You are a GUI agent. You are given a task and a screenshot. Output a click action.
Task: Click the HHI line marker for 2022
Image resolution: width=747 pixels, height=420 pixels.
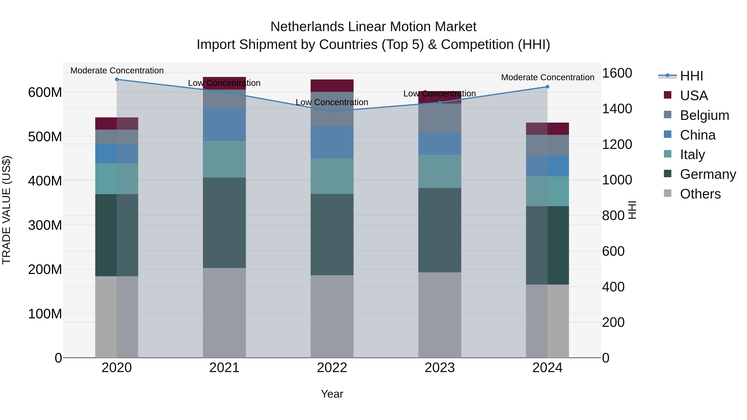click(x=332, y=111)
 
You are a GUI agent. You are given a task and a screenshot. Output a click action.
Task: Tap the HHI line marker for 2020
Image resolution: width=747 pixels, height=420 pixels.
click(x=117, y=79)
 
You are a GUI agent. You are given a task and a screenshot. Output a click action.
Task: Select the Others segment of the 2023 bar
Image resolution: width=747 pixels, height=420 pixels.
click(x=440, y=315)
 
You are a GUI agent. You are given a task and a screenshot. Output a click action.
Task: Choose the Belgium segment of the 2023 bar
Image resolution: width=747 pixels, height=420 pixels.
click(x=440, y=118)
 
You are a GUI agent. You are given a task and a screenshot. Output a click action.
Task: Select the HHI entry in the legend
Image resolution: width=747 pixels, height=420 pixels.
click(x=691, y=76)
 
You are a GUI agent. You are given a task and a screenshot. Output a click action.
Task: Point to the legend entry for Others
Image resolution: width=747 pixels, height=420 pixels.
click(x=700, y=194)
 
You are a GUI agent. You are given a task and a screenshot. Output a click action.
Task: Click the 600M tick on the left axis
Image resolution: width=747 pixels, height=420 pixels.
click(x=45, y=93)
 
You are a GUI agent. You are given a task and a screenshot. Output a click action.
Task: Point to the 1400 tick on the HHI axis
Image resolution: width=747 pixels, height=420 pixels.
click(x=617, y=109)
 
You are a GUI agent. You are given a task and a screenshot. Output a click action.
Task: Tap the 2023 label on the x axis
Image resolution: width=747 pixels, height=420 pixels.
click(x=440, y=368)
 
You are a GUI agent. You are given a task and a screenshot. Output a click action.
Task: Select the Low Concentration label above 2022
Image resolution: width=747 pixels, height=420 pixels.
click(x=332, y=102)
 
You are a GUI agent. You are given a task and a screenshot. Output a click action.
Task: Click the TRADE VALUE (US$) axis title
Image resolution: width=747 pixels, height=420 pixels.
click(x=6, y=210)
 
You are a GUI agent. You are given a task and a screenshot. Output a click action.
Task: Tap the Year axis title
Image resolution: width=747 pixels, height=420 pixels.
click(x=332, y=394)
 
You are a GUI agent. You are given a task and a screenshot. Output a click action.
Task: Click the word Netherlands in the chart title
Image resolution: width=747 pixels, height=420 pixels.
click(x=307, y=27)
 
